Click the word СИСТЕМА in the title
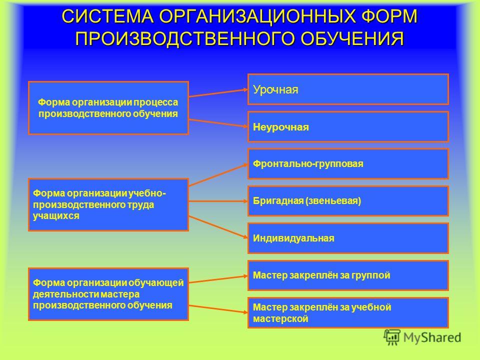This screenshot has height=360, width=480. pyautogui.click(x=107, y=16)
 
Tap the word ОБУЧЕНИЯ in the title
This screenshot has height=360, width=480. pyautogui.click(x=351, y=38)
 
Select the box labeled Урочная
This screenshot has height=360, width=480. pyautogui.click(x=348, y=89)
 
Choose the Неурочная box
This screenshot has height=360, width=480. pyautogui.click(x=348, y=126)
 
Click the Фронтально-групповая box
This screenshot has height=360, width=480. pyautogui.click(x=348, y=164)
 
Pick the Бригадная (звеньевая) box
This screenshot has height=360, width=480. pyautogui.click(x=348, y=201)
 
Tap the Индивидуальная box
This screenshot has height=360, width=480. pyautogui.click(x=348, y=238)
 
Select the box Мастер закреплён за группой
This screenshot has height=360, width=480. pyautogui.click(x=348, y=275)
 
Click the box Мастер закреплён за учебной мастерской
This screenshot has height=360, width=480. pyautogui.click(x=348, y=313)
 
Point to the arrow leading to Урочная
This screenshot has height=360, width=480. pyautogui.click(x=218, y=93)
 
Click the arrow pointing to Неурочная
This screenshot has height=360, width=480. pyautogui.click(x=218, y=123)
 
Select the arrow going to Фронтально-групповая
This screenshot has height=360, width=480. pyautogui.click(x=218, y=175)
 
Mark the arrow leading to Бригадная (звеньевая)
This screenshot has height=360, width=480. pyautogui.click(x=218, y=201)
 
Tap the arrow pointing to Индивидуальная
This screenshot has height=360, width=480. pyautogui.click(x=218, y=227)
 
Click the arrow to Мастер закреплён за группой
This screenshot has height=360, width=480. pyautogui.click(x=218, y=279)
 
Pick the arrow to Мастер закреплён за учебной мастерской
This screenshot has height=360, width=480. pyautogui.click(x=218, y=309)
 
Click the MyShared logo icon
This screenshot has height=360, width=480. pyautogui.click(x=392, y=337)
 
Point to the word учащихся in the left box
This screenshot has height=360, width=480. pyautogui.click(x=56, y=216)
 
